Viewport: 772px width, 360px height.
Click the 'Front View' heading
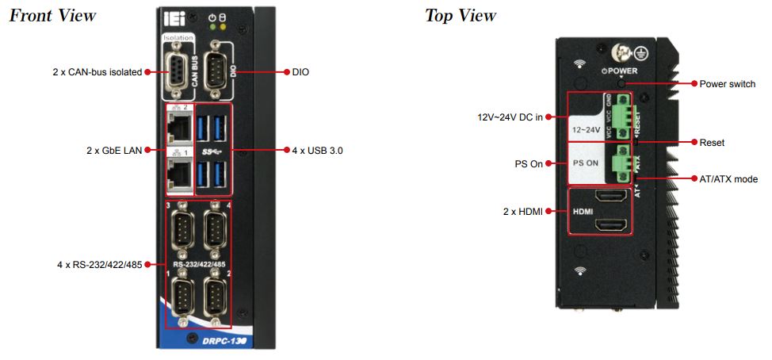click(x=52, y=15)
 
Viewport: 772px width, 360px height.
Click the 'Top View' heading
click(x=461, y=15)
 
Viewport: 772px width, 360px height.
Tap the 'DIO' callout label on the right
click(x=300, y=72)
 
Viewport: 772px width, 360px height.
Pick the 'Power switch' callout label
click(x=728, y=84)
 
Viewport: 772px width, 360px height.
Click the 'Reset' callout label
click(x=712, y=143)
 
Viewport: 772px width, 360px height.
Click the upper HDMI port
click(x=612, y=197)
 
